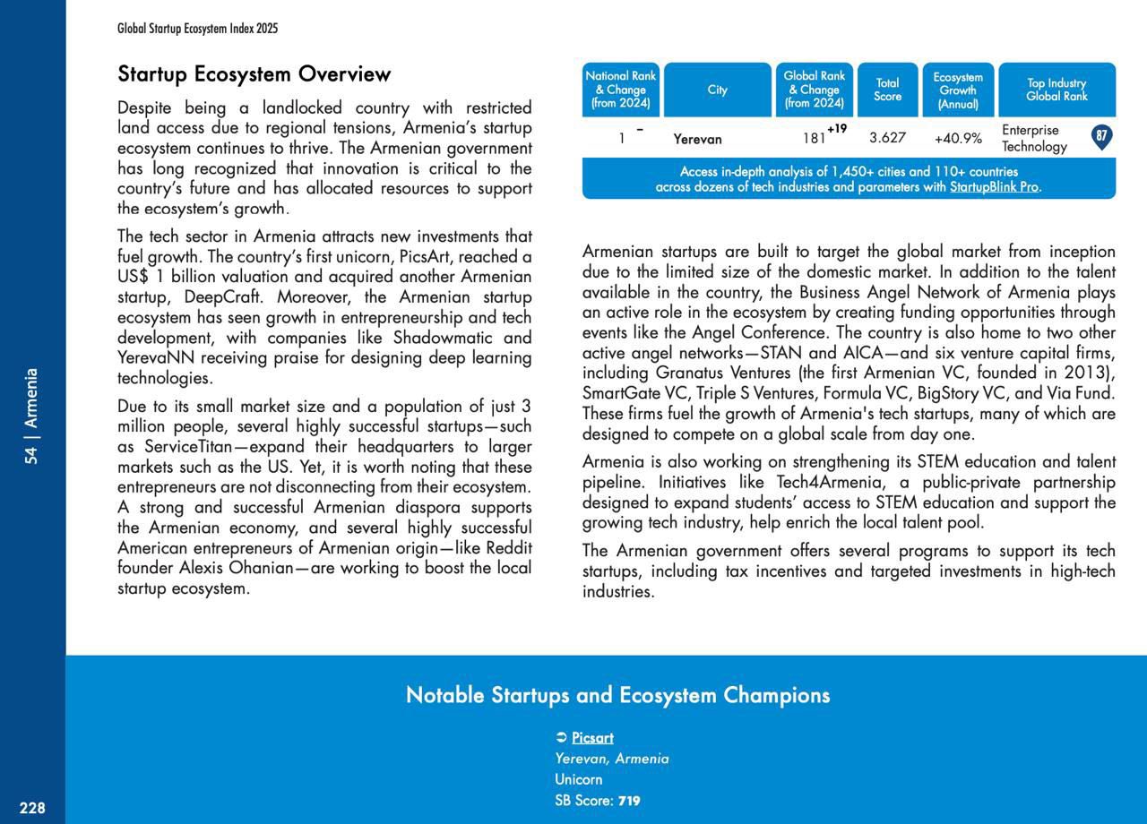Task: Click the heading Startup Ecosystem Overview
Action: (254, 74)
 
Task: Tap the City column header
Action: (717, 90)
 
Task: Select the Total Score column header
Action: (887, 90)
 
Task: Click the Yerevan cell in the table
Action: (697, 139)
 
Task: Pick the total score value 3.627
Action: (887, 138)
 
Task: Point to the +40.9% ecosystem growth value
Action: (958, 139)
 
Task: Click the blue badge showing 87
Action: (1102, 137)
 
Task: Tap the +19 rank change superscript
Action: (837, 129)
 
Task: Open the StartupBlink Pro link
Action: (994, 187)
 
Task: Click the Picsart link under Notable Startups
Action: (592, 738)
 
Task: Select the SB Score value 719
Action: (629, 801)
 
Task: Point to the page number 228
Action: (32, 808)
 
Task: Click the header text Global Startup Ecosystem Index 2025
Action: (197, 29)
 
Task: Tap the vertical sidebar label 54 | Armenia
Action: (32, 416)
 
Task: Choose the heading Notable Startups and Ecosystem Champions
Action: (617, 695)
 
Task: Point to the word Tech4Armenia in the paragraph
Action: (823, 483)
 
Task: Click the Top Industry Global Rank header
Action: (1056, 90)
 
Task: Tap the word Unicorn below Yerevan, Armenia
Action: (578, 779)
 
